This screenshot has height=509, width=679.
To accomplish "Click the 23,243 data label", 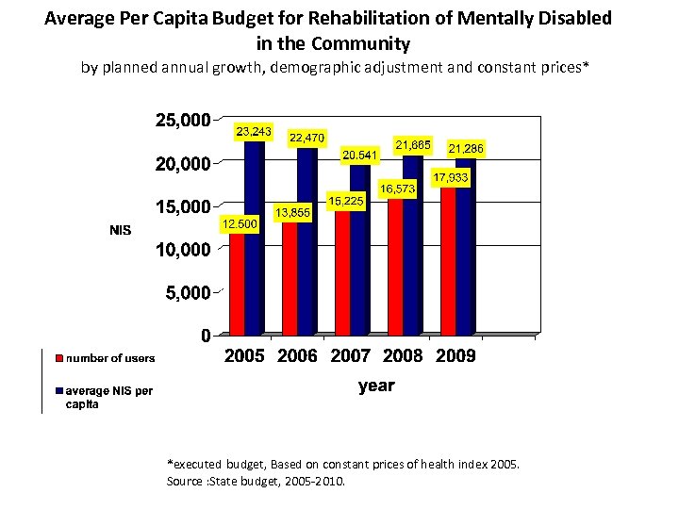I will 254,131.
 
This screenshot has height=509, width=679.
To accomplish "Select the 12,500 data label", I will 239,223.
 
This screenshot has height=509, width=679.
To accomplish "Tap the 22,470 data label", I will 306,138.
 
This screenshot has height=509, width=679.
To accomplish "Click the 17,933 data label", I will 451,177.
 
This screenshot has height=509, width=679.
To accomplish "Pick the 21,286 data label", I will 466,149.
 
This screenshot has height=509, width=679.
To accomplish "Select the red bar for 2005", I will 238,283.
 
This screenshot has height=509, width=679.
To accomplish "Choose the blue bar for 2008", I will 412,245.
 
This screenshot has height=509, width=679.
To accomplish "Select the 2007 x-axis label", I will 349,357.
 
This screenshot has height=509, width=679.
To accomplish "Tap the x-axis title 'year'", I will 376,386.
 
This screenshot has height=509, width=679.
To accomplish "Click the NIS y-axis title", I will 120,230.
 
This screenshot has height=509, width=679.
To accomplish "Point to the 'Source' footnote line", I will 256,482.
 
